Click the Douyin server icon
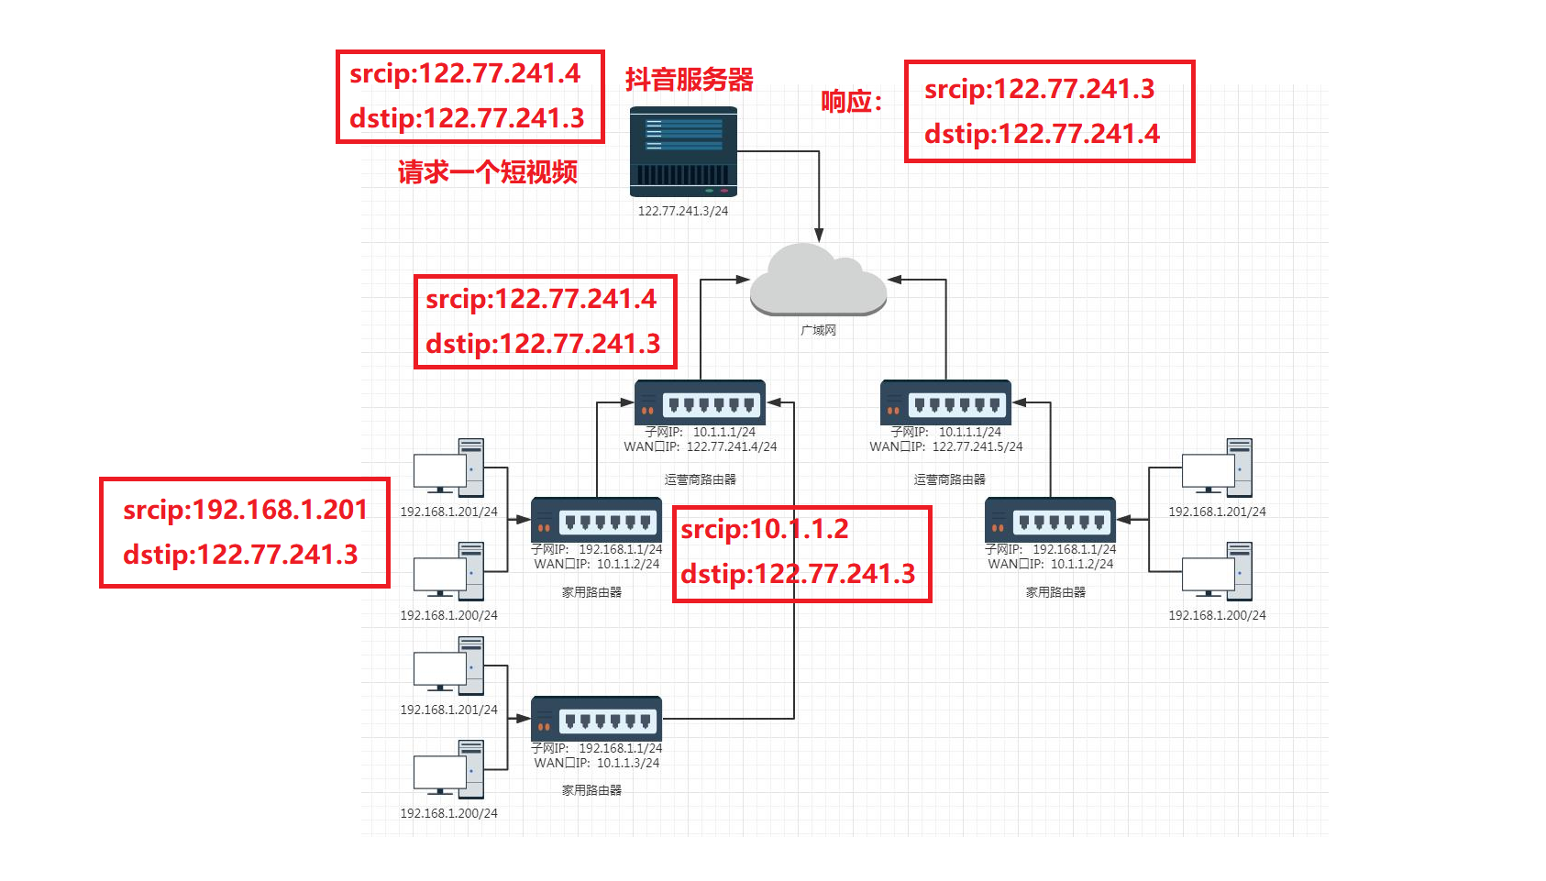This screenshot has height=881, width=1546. (683, 152)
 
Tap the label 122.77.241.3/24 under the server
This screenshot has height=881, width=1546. (683, 211)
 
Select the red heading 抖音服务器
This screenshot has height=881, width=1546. (689, 80)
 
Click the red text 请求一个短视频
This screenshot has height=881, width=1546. (487, 171)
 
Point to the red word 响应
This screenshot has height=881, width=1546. (845, 102)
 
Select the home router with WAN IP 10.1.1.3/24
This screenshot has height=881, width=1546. (596, 719)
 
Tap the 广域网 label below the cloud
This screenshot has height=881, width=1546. (818, 330)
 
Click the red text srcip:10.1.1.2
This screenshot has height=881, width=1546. (764, 529)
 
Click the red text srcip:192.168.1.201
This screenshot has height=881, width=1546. (245, 510)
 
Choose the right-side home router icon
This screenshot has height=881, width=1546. (1050, 521)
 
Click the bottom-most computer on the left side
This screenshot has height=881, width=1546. (448, 769)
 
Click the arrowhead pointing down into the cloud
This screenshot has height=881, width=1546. (819, 236)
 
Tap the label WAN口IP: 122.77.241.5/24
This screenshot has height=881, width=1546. (945, 447)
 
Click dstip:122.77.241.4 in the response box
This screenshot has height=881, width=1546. (1042, 135)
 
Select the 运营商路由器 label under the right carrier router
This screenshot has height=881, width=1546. (949, 479)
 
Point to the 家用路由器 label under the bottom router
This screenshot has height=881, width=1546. (591, 790)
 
